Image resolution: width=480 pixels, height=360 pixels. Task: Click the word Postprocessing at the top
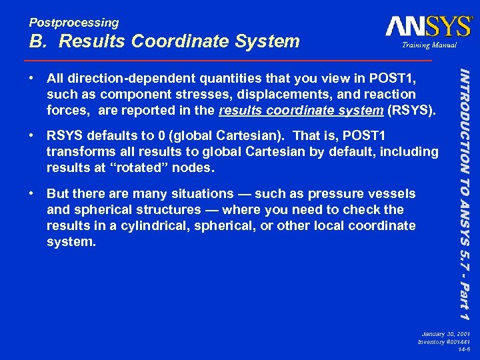73,23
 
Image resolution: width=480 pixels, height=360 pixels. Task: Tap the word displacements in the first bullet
298,95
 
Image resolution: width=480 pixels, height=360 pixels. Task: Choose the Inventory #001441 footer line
443,341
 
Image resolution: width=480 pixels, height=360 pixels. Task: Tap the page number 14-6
464,349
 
